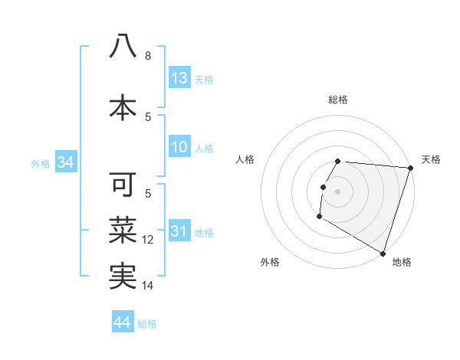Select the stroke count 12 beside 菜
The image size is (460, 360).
point(149,240)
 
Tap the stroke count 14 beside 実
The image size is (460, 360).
point(149,286)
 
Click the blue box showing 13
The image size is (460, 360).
point(179,78)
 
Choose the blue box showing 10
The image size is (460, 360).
point(179,148)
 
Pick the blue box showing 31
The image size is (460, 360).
point(179,232)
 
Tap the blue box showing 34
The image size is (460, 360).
point(65,162)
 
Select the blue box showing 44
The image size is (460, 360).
point(123,323)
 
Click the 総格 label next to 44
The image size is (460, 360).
point(148,324)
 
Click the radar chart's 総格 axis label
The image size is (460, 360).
point(338,100)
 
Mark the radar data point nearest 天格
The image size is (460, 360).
point(410,169)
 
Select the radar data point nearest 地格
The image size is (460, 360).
point(383,253)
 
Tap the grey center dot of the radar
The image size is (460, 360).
point(338,191)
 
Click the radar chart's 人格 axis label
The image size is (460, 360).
point(245,159)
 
